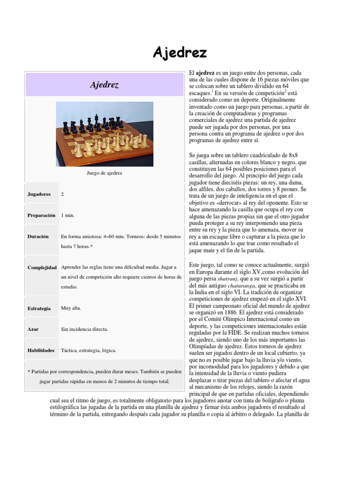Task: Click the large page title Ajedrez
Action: pyautogui.click(x=180, y=52)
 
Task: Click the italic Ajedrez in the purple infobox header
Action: pyautogui.click(x=104, y=85)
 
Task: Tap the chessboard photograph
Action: pyautogui.click(x=104, y=130)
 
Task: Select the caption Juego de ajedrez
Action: pyautogui.click(x=104, y=173)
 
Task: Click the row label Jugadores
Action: pyautogui.click(x=39, y=194)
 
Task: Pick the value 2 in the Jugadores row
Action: pyautogui.click(x=62, y=194)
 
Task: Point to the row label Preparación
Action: pyautogui.click(x=42, y=215)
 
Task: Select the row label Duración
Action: pyautogui.click(x=38, y=237)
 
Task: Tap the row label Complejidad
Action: pyautogui.click(x=42, y=267)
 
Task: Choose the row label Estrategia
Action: pyautogui.click(x=39, y=308)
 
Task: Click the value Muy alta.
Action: pyautogui.click(x=71, y=308)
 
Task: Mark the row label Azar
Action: pyautogui.click(x=33, y=329)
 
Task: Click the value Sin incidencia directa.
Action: pyautogui.click(x=85, y=329)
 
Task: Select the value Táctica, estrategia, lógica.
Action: pyautogui.click(x=89, y=350)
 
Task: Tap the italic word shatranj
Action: pyautogui.click(x=221, y=278)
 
